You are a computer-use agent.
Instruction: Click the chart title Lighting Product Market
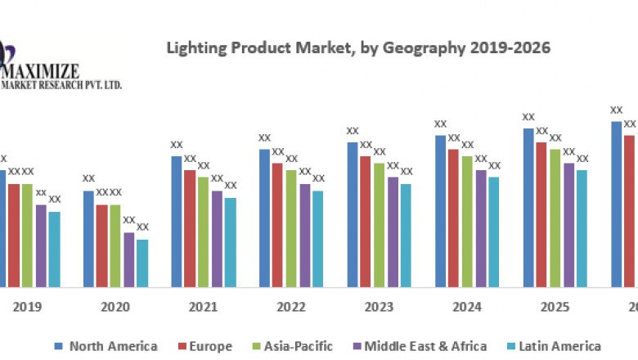[x=358, y=48]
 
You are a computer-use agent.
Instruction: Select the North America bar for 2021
[x=177, y=221]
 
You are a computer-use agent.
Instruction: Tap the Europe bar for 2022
[x=278, y=225]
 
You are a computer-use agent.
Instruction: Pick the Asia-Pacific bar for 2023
[x=380, y=225]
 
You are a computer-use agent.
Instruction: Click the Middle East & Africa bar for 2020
[x=129, y=259]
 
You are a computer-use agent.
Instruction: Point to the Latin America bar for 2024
[x=494, y=232]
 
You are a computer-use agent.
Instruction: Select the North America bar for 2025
[x=528, y=207]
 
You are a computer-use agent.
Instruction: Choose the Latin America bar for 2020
[x=142, y=263]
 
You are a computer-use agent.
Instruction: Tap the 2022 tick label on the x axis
[x=291, y=307]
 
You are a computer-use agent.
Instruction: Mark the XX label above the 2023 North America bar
[x=353, y=131]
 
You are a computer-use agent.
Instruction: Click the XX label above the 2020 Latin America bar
[x=142, y=227]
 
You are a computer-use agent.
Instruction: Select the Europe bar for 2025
[x=541, y=214]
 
